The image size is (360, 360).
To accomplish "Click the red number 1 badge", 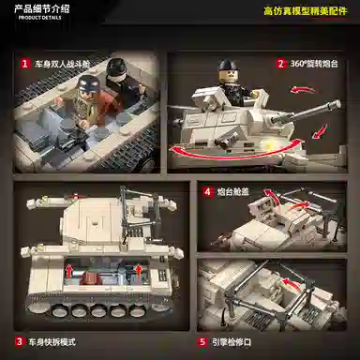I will (x=24, y=64).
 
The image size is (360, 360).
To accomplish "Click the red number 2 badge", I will (x=280, y=64).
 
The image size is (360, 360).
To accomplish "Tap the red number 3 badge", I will (x=19, y=341).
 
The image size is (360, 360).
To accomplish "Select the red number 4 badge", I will (x=206, y=191).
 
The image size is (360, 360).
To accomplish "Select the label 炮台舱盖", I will (x=234, y=191).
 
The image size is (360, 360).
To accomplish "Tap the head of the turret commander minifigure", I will (x=226, y=69).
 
